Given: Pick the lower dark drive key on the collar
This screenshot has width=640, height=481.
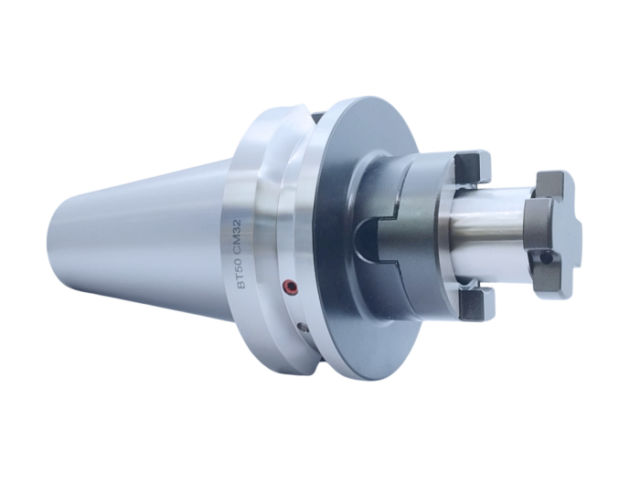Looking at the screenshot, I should [x=475, y=303].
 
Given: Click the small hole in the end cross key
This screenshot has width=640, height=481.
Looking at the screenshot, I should [x=547, y=258].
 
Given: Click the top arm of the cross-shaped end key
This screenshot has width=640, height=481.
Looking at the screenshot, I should [x=554, y=183].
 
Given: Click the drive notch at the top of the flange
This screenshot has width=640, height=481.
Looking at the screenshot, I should [x=302, y=116].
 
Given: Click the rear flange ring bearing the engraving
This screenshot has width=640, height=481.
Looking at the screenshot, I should [x=247, y=183].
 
